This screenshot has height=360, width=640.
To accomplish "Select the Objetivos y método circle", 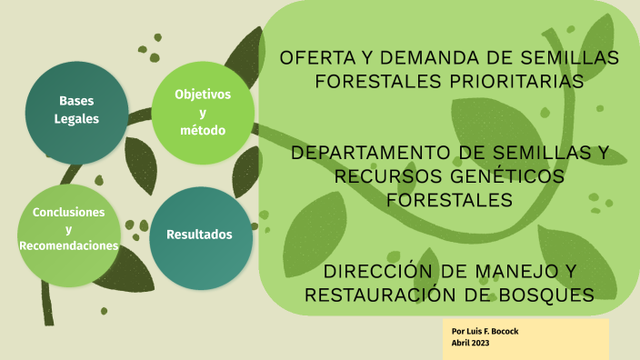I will coord(202,112).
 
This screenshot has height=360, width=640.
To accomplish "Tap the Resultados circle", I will coord(199,235).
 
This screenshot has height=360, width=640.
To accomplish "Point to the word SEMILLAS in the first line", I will coord(574,58).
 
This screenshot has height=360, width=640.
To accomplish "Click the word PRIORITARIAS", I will coord(514,81).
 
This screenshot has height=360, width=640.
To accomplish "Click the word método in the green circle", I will coord(202,130).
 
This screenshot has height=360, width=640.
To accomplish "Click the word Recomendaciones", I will coord(69,246).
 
